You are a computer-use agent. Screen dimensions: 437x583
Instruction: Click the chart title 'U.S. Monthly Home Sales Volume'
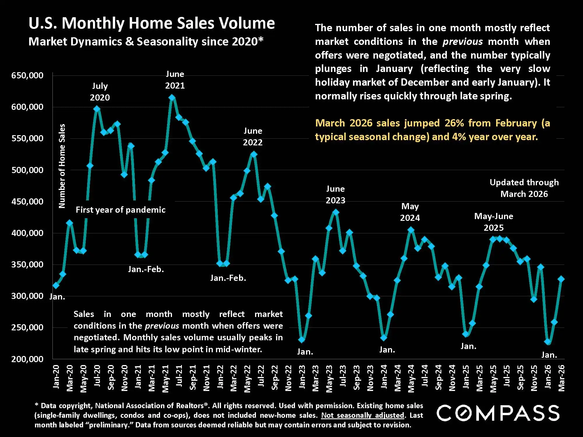pyautogui.click(x=152, y=23)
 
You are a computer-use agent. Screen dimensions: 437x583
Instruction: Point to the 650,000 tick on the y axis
pyautogui.click(x=27, y=75)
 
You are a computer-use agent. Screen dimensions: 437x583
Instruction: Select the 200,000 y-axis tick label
pyautogui.click(x=27, y=359)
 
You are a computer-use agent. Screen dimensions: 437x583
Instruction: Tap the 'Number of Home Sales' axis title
pyautogui.click(x=62, y=166)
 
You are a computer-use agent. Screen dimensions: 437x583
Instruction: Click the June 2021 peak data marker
pyautogui.click(x=172, y=98)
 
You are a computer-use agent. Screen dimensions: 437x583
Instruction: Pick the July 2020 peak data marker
pyautogui.click(x=97, y=109)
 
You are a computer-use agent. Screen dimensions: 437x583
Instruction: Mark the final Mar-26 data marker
pyautogui.click(x=561, y=279)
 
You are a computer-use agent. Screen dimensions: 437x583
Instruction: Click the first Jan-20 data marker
pyautogui.click(x=56, y=286)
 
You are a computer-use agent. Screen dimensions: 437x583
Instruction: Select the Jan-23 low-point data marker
pyautogui.click(x=302, y=340)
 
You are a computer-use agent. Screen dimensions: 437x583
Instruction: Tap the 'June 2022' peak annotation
pyautogui.click(x=253, y=137)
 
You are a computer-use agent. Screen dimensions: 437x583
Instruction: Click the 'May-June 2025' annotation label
pyautogui.click(x=494, y=222)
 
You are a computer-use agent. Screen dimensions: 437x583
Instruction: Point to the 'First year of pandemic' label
pyautogui.click(x=120, y=210)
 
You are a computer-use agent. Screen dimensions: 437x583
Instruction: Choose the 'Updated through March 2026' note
pyautogui.click(x=524, y=188)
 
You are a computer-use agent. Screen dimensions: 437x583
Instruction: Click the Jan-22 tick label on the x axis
pyautogui.click(x=220, y=377)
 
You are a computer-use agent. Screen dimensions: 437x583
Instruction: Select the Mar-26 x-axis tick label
pyautogui.click(x=561, y=378)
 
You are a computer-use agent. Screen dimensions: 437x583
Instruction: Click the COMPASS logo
pyautogui.click(x=498, y=413)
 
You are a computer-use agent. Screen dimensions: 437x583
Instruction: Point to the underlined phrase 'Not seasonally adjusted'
pyautogui.click(x=363, y=415)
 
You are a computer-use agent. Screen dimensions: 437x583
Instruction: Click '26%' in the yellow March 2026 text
pyautogui.click(x=454, y=123)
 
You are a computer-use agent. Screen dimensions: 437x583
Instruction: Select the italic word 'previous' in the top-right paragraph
pyautogui.click(x=462, y=42)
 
